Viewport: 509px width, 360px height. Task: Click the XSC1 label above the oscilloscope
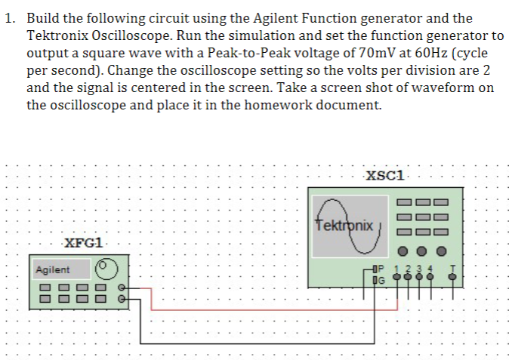pyautogui.click(x=385, y=176)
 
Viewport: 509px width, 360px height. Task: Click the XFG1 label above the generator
pyautogui.click(x=85, y=243)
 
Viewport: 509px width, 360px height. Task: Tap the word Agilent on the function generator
pyautogui.click(x=52, y=269)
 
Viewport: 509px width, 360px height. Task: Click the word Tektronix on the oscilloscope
pyautogui.click(x=344, y=226)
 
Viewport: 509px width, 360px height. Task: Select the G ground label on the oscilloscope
pyautogui.click(x=381, y=280)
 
